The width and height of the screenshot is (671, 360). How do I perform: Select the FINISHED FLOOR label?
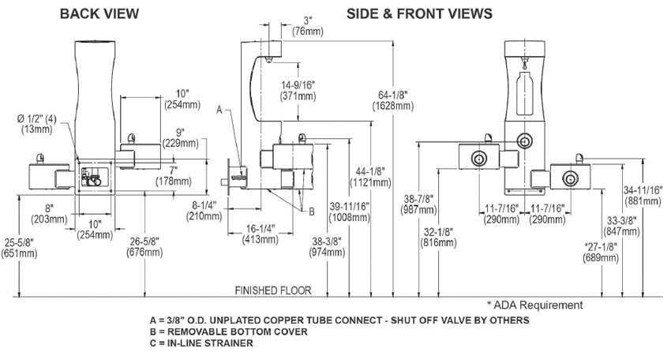click(279, 290)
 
